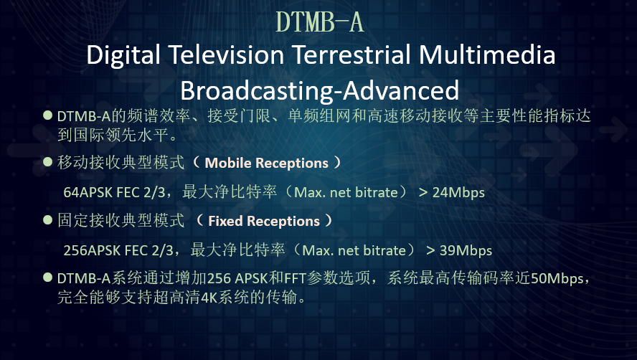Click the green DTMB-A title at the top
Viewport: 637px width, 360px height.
click(320, 22)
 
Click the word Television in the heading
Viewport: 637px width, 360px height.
click(226, 55)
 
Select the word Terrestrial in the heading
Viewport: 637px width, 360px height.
click(351, 55)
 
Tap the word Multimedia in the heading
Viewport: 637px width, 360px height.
click(486, 55)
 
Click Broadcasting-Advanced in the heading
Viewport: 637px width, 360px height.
click(320, 91)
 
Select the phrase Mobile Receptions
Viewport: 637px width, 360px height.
click(267, 163)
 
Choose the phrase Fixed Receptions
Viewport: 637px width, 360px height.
click(264, 221)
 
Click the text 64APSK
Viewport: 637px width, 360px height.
click(88, 192)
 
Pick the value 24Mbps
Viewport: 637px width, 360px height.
click(458, 193)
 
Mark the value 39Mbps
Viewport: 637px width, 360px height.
click(466, 251)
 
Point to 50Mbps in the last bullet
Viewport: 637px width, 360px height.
click(557, 278)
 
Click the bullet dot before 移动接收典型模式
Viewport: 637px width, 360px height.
click(47, 162)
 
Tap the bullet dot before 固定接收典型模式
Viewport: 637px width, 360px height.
click(47, 220)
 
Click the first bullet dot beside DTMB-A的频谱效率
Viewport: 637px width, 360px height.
click(47, 115)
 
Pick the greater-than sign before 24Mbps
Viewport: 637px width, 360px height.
click(423, 193)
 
